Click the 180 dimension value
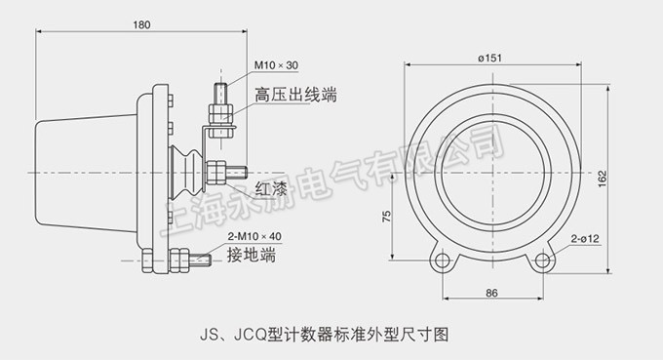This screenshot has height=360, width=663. [x=141, y=25]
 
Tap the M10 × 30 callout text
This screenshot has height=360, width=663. [x=276, y=65]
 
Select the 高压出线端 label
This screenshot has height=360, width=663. [x=295, y=95]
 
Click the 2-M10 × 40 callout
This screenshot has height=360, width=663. [x=254, y=236]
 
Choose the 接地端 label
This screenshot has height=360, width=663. [x=252, y=255]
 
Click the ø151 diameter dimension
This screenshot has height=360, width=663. [x=489, y=58]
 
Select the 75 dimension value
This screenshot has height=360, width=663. [x=386, y=217]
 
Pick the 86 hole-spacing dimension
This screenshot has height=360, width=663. [x=491, y=293]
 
